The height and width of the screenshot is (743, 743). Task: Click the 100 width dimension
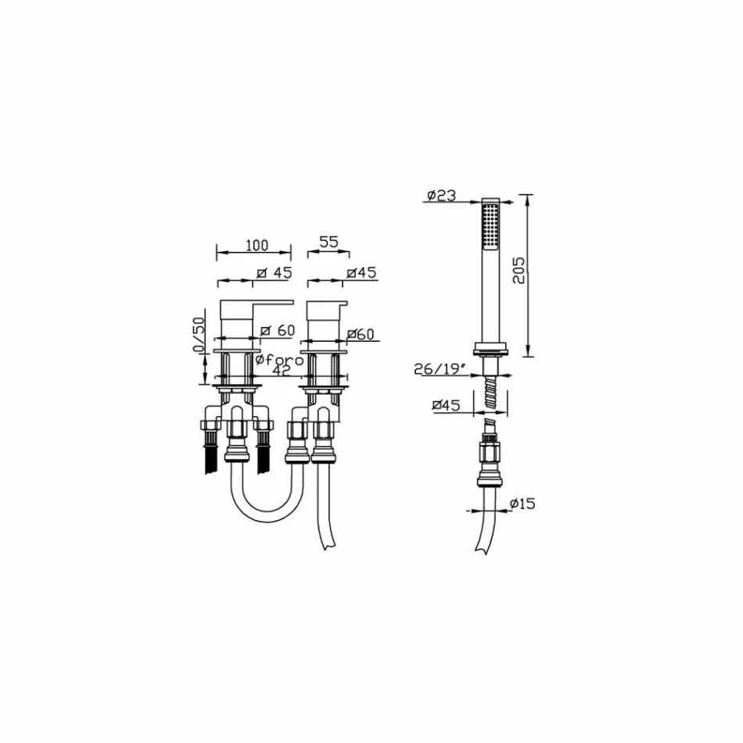click(257, 246)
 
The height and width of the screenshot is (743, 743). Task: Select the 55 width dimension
click(328, 242)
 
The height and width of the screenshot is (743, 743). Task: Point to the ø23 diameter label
click(440, 196)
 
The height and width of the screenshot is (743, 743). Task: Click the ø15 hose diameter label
click(522, 503)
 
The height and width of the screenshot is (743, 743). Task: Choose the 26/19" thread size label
click(437, 368)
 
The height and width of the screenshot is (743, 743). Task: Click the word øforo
click(279, 360)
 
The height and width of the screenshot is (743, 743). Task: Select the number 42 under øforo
click(282, 371)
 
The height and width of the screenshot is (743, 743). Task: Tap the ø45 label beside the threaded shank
click(446, 405)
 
